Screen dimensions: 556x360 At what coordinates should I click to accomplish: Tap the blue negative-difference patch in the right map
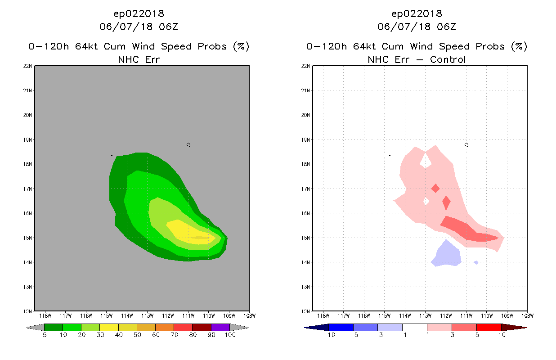(x=446, y=255)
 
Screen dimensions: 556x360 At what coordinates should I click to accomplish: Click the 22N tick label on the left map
(x=27, y=66)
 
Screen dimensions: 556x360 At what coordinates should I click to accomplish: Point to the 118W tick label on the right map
(x=323, y=316)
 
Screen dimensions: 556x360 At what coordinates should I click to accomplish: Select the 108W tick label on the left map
(x=250, y=316)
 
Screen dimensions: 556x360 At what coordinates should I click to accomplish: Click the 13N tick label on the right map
(x=305, y=287)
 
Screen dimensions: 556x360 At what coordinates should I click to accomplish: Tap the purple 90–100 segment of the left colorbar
(x=220, y=327)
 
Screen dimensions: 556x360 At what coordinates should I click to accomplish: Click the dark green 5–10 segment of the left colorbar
(x=54, y=327)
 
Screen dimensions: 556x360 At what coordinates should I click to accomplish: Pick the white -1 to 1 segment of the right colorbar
(x=414, y=327)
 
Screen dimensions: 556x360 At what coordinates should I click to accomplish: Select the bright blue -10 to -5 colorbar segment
(x=341, y=327)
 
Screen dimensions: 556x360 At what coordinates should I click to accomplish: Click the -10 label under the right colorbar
(x=329, y=335)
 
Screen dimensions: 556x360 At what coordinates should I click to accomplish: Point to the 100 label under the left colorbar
(x=230, y=335)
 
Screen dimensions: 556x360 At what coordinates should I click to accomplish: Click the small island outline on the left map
(x=188, y=145)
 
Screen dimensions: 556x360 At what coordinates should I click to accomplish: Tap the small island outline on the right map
(x=466, y=145)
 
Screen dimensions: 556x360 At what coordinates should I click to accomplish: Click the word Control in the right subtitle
(x=448, y=60)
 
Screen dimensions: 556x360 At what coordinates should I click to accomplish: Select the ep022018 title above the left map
(x=139, y=14)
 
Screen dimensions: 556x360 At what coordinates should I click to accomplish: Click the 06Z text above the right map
(x=447, y=27)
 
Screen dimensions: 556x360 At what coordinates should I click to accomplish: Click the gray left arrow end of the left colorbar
(x=35, y=327)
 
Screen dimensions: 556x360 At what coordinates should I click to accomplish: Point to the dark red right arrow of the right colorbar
(x=514, y=327)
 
